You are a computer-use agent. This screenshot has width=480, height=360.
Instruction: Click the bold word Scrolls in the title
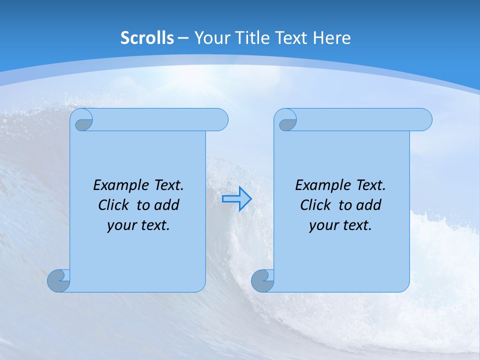(147, 38)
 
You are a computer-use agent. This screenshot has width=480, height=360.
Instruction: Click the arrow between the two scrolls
(236, 199)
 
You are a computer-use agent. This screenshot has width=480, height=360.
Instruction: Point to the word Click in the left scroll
(113, 205)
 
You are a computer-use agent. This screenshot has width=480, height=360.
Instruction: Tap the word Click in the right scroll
(315, 205)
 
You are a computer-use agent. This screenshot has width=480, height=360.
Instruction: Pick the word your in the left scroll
(121, 225)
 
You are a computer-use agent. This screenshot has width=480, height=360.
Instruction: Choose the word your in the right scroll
(323, 225)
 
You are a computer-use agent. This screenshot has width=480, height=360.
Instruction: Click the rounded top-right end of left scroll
(220, 120)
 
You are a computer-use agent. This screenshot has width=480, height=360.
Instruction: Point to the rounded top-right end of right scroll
(424, 120)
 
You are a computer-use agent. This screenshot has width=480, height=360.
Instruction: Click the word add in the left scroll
(167, 205)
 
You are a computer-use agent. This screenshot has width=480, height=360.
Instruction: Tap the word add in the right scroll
(369, 205)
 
